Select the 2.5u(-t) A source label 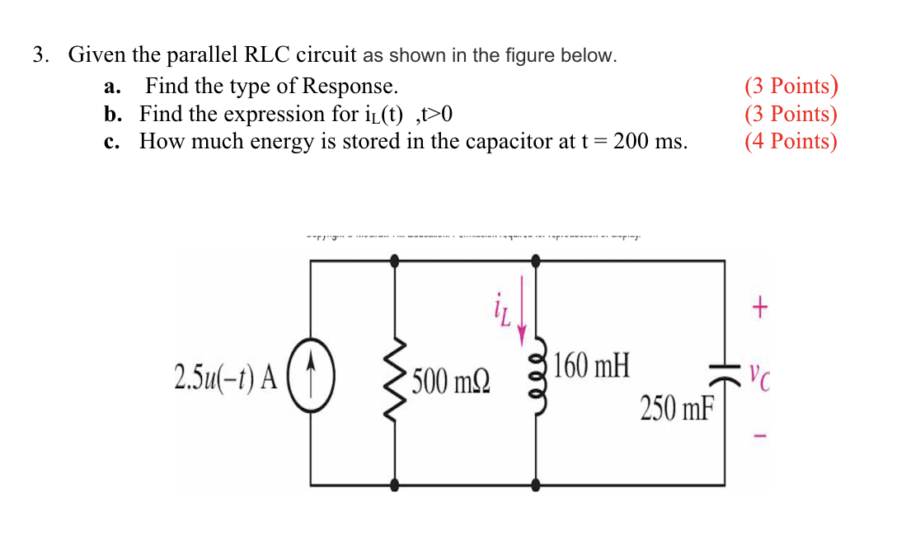[225, 375]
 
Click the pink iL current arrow [522, 323]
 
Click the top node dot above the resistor [395, 260]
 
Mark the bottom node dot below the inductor [537, 486]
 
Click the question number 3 [40, 55]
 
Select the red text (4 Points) [791, 141]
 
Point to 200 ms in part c [650, 141]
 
